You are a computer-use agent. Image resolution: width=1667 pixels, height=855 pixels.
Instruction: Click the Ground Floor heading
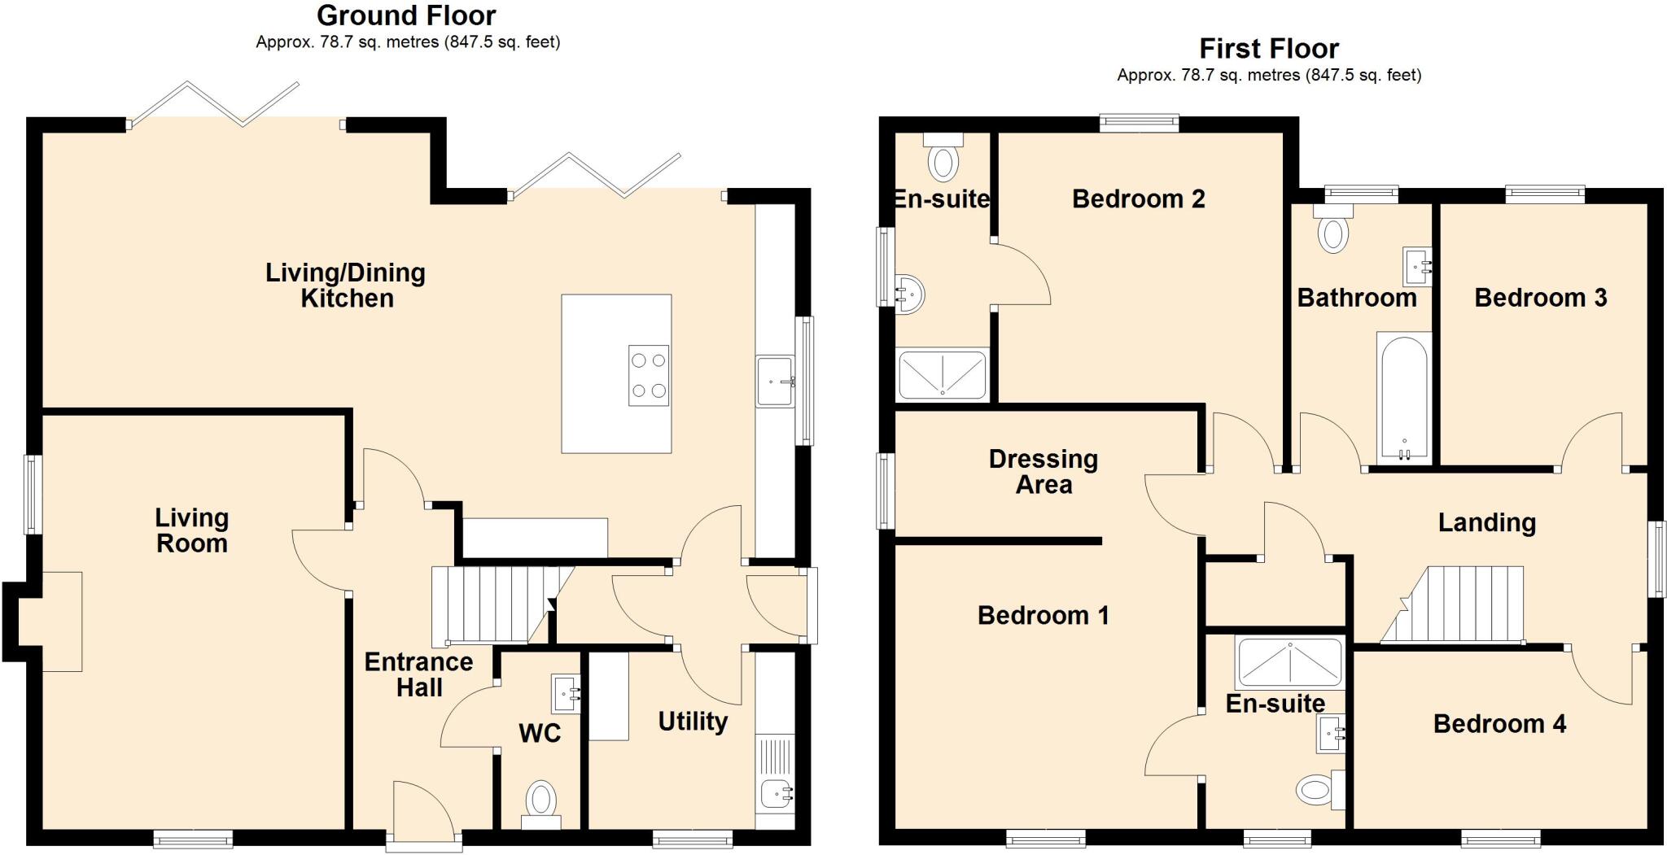(406, 15)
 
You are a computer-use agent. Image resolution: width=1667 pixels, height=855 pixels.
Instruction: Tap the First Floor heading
(1268, 49)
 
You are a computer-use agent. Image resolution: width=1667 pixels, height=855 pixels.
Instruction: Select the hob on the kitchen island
(649, 375)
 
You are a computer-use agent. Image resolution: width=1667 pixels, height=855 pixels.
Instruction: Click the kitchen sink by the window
(774, 381)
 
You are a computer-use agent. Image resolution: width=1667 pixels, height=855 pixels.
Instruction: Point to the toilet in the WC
(541, 801)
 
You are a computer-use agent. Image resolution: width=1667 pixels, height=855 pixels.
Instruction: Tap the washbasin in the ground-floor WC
(566, 694)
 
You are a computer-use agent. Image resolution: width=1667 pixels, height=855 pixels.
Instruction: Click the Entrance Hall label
(418, 674)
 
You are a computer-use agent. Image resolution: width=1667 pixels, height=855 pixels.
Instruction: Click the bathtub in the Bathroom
(1403, 397)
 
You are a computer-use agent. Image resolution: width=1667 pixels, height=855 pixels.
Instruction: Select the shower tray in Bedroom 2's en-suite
(943, 374)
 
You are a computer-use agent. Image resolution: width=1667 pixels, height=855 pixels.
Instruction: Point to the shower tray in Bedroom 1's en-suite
(1289, 663)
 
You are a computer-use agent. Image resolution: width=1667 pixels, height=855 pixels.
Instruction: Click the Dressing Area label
(1043, 472)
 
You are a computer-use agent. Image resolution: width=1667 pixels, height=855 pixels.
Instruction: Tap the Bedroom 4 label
(1499, 724)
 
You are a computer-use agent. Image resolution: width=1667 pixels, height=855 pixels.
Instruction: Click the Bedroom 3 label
(1540, 298)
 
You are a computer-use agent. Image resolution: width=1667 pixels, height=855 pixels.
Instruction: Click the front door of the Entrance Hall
(422, 814)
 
